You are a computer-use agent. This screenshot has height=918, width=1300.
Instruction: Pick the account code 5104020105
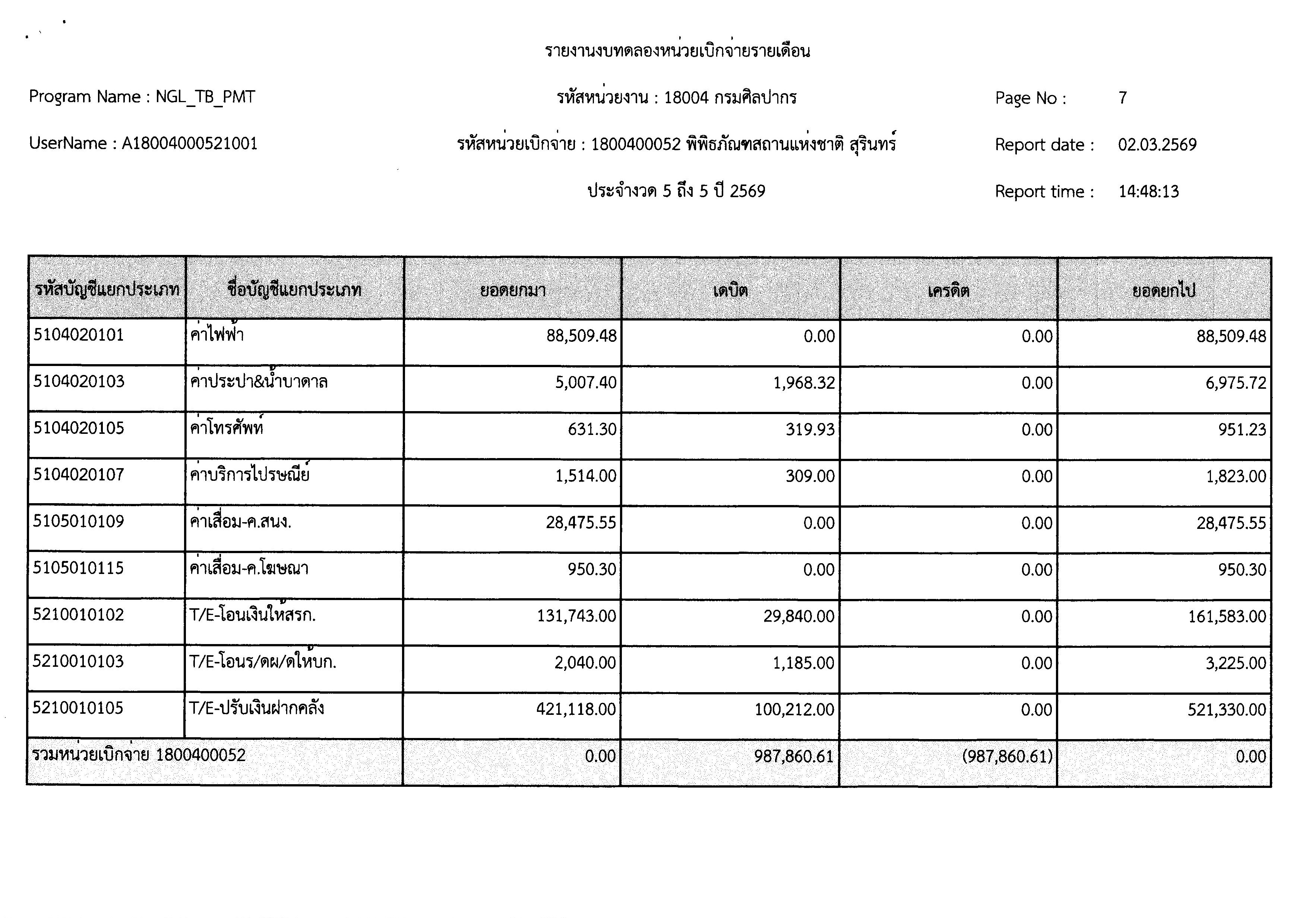[78, 428]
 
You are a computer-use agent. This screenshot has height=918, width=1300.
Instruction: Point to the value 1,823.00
[1236, 476]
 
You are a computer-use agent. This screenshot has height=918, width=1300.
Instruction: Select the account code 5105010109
[78, 521]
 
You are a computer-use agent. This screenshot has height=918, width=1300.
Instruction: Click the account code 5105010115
[78, 568]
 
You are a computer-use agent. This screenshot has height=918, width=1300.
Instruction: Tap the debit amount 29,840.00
[798, 616]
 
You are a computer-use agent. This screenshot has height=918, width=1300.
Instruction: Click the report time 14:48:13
[1148, 192]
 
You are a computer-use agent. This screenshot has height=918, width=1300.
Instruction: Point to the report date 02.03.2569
[1157, 145]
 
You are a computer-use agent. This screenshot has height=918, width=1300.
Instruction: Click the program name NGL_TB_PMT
[205, 97]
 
